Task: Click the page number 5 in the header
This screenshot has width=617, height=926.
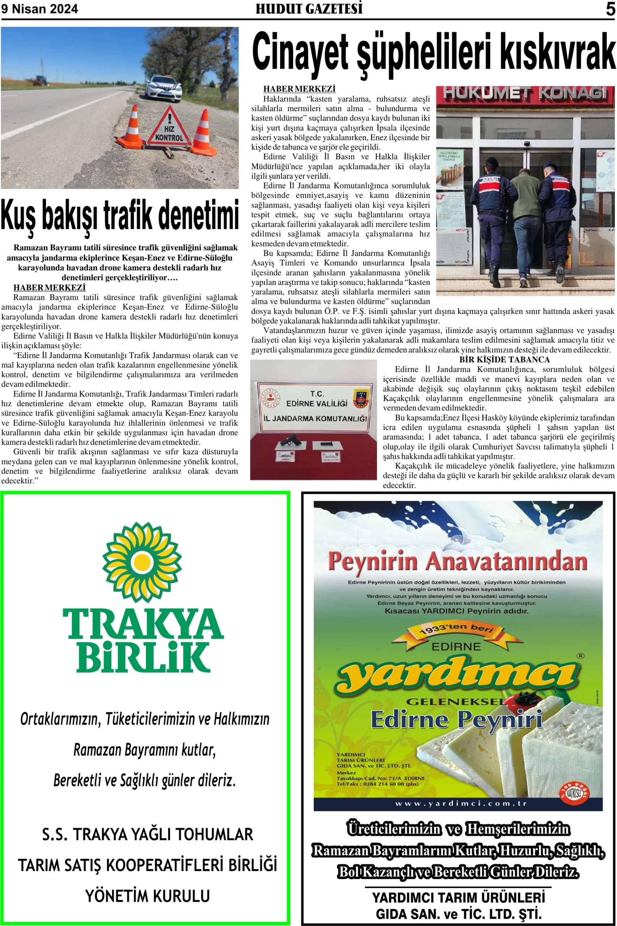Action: [x=610, y=9]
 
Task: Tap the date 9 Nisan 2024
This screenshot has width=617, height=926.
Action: [x=39, y=9]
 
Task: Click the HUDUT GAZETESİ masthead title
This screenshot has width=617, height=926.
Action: [x=309, y=9]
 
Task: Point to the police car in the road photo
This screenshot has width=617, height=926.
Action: [x=163, y=88]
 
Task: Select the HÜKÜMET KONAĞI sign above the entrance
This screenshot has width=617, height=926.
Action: [x=525, y=94]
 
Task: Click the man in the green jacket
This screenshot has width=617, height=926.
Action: [x=524, y=221]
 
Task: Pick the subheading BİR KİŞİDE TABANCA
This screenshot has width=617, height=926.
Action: [x=504, y=360]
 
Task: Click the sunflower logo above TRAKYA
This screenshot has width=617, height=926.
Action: [x=142, y=562]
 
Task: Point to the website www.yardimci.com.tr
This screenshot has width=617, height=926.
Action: [x=461, y=803]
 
